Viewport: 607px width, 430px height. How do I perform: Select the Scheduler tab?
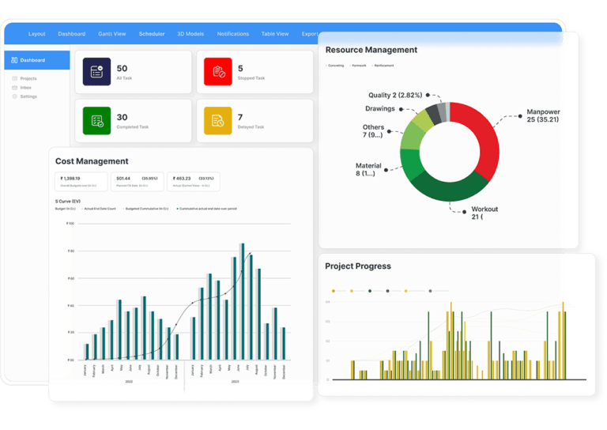click(x=152, y=34)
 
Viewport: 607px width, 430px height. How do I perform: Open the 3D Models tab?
click(x=190, y=34)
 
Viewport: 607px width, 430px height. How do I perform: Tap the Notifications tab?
click(x=232, y=34)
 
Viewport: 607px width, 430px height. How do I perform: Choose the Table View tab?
click(x=275, y=34)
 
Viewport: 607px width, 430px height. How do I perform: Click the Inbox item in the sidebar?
click(x=27, y=88)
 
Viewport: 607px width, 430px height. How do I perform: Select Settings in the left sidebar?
click(x=28, y=96)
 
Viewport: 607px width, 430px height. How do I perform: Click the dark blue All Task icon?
click(x=97, y=72)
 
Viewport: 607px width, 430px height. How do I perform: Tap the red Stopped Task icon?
click(x=217, y=72)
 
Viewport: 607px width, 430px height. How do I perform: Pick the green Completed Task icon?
click(x=97, y=120)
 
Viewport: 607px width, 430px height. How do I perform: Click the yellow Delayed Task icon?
click(x=217, y=120)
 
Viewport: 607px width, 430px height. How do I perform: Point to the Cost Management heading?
click(x=92, y=161)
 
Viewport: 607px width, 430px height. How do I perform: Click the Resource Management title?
click(x=371, y=50)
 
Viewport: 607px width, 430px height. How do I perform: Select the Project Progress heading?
click(x=358, y=266)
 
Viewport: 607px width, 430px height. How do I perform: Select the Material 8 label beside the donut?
click(x=369, y=169)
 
